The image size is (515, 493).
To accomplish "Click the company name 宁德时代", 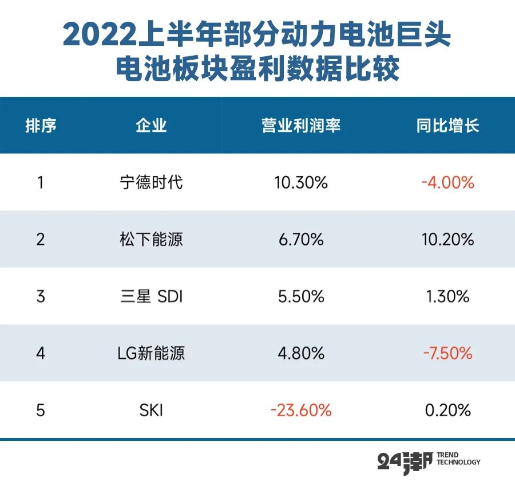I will (151, 183).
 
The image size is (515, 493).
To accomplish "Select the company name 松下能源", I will (151, 239).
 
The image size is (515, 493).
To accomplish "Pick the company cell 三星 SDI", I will (151, 296).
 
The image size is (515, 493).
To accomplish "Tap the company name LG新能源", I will (151, 353).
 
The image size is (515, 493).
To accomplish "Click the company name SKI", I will (151, 410).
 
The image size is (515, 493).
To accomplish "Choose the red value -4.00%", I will (447, 183).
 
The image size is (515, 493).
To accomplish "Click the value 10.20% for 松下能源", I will (447, 239).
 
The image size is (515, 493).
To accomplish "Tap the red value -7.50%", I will (447, 353).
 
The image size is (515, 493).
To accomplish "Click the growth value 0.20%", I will (447, 410).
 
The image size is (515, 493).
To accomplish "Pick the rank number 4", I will (41, 353).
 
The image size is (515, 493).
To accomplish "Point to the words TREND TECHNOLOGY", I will (458, 459).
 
